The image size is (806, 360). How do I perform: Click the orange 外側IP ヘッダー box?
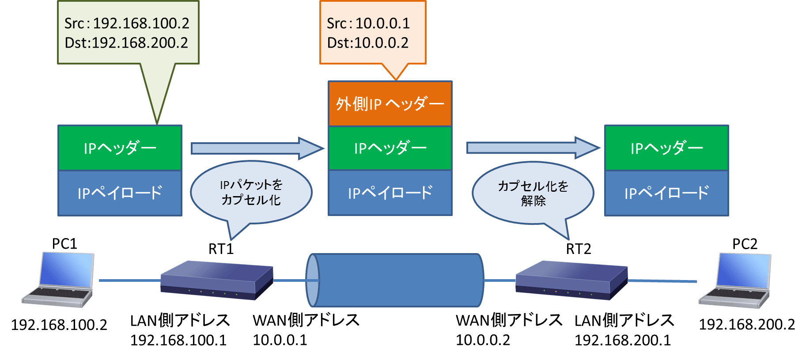(390, 104)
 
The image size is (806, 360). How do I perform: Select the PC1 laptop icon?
(59, 280)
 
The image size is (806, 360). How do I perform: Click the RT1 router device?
(217, 280)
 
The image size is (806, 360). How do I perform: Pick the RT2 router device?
(571, 280)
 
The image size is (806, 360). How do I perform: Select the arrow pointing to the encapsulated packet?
(256, 148)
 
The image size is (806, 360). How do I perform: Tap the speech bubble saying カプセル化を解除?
(533, 193)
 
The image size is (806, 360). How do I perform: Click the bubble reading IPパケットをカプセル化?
(251, 192)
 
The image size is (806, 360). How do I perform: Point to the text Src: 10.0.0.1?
(368, 23)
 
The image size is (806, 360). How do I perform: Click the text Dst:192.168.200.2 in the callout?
(126, 43)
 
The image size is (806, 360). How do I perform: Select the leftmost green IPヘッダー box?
(120, 148)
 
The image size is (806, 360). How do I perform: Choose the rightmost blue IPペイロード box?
(666, 193)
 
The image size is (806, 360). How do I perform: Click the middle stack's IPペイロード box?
(390, 193)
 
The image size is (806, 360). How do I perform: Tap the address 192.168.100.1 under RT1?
(178, 340)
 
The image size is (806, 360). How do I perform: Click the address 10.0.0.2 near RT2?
(483, 340)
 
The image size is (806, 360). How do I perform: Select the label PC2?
(745, 244)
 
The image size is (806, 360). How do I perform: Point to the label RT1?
(221, 249)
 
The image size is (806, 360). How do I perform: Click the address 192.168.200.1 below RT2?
(623, 340)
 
